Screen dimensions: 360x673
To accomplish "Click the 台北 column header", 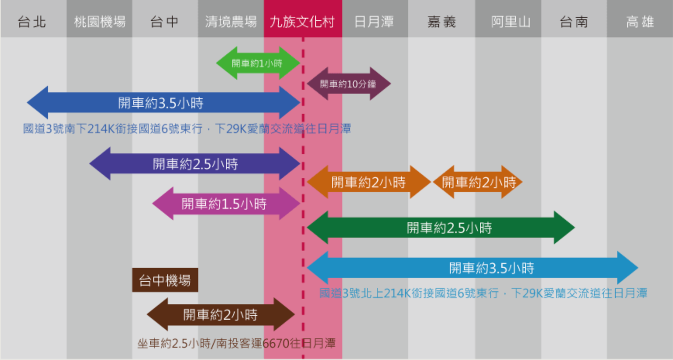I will click(x=32, y=22).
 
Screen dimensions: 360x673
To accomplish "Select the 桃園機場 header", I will click(x=100, y=22).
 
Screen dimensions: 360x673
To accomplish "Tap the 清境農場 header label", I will click(x=231, y=22).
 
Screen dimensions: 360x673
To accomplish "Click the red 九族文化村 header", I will click(x=302, y=22).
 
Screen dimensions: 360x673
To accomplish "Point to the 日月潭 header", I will click(x=374, y=22).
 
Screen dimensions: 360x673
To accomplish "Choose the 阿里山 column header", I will click(x=510, y=22).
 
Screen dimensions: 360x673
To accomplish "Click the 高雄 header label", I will click(x=640, y=22).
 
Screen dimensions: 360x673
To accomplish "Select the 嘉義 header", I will click(x=441, y=22).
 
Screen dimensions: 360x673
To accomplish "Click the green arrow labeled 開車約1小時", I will click(x=258, y=63).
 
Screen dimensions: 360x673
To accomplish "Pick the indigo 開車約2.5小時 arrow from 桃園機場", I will click(x=195, y=164).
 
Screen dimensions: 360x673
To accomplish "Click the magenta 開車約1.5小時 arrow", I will click(x=225, y=204).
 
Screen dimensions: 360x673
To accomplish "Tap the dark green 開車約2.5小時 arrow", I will click(x=441, y=228).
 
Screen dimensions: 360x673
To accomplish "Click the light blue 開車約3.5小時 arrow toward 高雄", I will click(x=472, y=268).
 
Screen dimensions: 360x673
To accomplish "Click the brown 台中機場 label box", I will click(x=165, y=280).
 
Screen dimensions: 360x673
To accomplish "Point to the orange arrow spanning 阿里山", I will click(x=479, y=182).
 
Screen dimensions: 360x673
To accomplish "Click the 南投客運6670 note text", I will click(x=236, y=343).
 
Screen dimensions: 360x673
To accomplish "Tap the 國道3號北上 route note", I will click(x=483, y=293).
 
